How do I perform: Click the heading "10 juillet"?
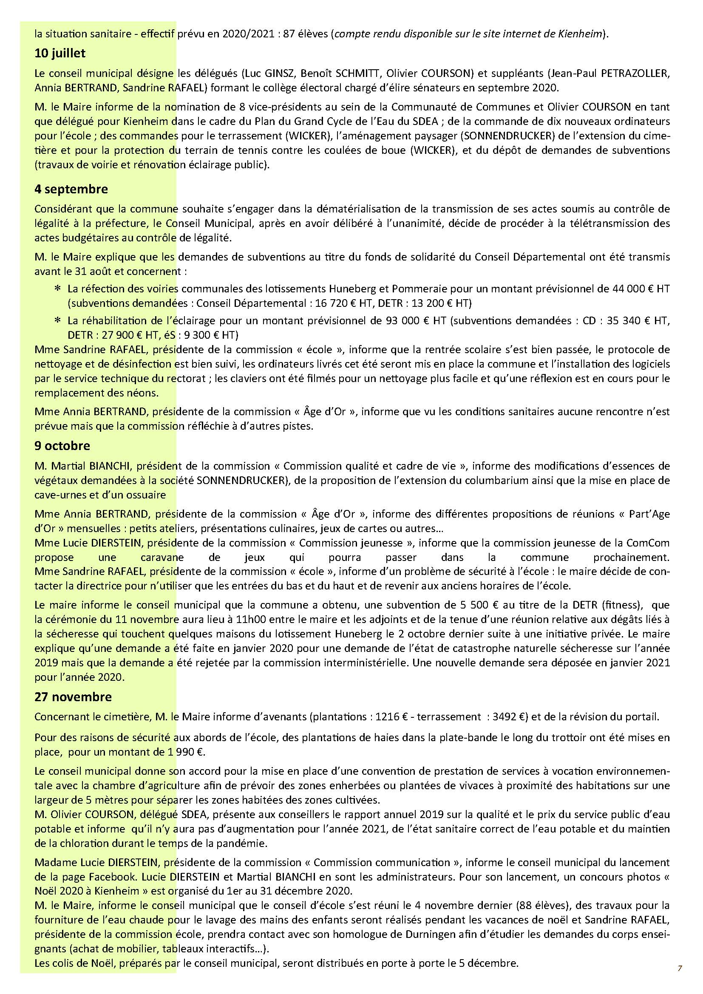click(x=60, y=53)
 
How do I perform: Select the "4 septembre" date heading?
click(x=71, y=189)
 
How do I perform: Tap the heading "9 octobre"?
click(x=62, y=445)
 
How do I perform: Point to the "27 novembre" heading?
click(x=73, y=697)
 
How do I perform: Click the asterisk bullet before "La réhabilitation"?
click(x=57, y=321)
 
